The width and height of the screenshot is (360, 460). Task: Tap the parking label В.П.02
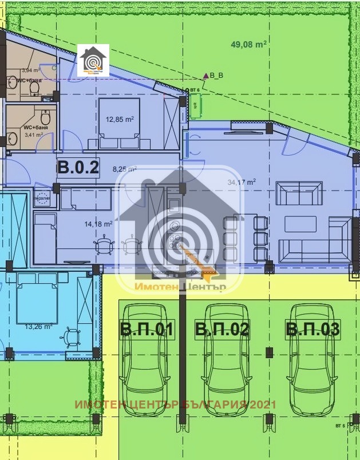point(222,330)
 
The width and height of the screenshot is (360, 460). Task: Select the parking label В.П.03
point(312,330)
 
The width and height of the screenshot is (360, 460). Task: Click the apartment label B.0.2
point(78,168)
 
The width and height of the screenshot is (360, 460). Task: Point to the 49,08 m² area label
point(249,43)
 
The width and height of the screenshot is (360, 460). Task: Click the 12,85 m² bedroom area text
point(120,120)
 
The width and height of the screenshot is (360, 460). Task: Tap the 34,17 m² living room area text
point(241,183)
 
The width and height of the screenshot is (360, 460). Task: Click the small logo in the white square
point(93,60)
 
